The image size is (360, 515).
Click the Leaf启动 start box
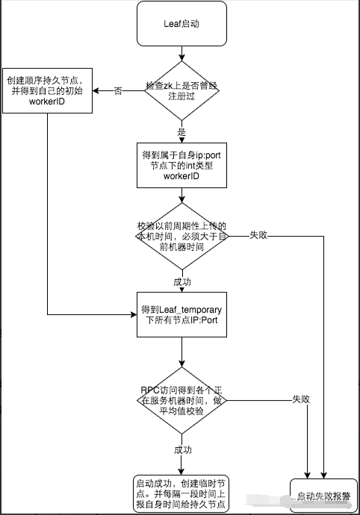point(180,23)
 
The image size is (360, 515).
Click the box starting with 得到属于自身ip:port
point(180,165)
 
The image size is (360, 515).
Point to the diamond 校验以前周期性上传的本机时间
point(180,235)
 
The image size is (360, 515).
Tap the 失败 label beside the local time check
point(258,235)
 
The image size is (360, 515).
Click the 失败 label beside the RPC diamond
point(300,399)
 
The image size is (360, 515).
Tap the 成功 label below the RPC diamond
point(184,450)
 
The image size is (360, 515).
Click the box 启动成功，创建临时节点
point(180,493)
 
